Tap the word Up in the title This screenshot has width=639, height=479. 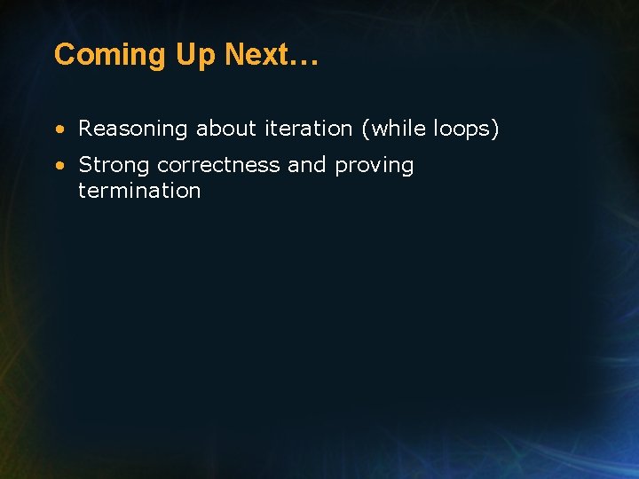(x=196, y=55)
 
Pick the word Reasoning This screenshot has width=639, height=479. (x=134, y=130)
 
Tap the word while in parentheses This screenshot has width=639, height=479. (x=398, y=129)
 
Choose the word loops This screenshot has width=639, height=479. (x=461, y=130)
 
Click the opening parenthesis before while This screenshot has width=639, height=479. (x=365, y=130)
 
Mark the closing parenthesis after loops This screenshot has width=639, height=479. (x=495, y=130)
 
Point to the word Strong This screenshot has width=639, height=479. (x=114, y=166)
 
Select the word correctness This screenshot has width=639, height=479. (x=218, y=165)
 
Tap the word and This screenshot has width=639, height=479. (x=307, y=165)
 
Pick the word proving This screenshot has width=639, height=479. (x=375, y=166)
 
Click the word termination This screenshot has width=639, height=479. (x=139, y=191)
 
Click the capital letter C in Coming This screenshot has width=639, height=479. (x=64, y=55)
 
